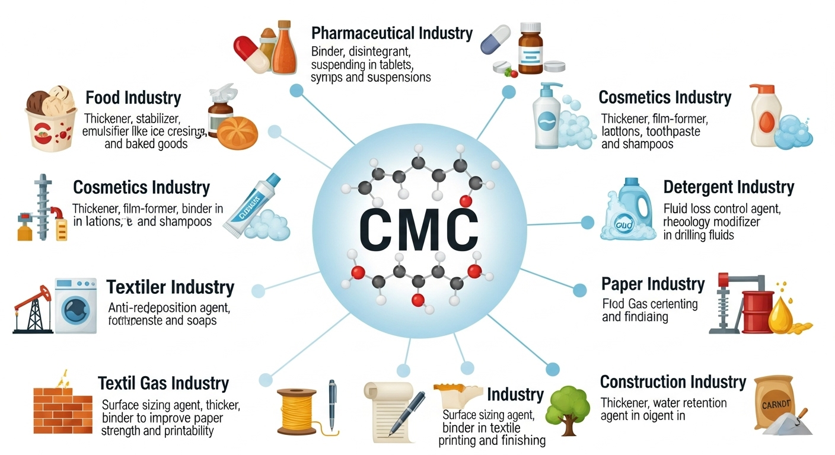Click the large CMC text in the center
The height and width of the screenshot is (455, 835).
point(418,229)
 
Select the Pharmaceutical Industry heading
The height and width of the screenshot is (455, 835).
point(392,33)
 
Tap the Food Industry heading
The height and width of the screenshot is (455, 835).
point(133,98)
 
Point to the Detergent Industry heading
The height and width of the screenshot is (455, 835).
point(729,188)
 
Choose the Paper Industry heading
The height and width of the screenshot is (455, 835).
point(653,284)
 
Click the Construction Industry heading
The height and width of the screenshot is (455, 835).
point(673,382)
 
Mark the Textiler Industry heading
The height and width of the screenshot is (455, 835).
point(170,288)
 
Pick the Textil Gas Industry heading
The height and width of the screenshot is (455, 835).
point(164,383)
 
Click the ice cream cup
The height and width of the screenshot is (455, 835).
point(51,119)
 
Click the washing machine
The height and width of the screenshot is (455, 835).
point(76,306)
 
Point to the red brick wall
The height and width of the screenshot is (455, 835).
point(62,409)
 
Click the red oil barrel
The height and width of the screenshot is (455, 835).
point(756,310)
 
